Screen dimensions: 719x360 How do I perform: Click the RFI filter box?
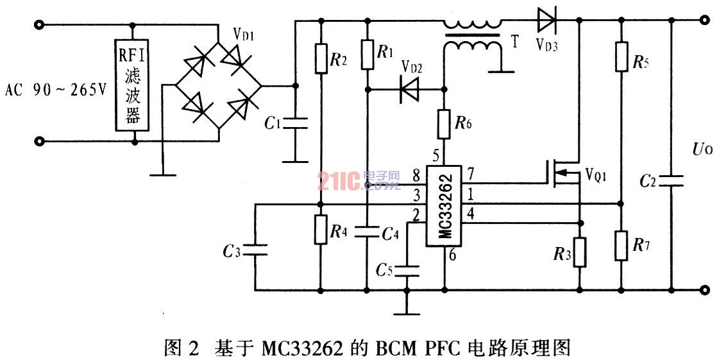tap(133, 85)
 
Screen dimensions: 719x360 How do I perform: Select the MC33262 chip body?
tap(444, 206)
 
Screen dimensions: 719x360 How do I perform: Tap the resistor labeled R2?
tap(321, 58)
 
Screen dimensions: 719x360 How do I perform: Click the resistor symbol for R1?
tap(368, 54)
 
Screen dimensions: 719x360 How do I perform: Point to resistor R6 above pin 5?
tap(444, 123)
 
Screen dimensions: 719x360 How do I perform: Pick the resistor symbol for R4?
tap(321, 229)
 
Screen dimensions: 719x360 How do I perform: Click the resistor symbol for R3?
tap(580, 252)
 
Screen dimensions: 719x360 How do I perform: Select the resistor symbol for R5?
tap(622, 56)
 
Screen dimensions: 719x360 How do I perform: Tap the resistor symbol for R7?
tap(622, 246)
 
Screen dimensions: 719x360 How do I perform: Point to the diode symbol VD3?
tap(546, 20)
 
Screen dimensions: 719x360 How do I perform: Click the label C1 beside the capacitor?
tap(273, 123)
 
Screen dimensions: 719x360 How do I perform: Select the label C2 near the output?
tap(648, 182)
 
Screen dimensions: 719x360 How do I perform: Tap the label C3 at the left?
tap(232, 251)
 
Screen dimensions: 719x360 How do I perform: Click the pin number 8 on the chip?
tap(416, 175)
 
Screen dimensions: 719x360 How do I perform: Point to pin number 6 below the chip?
tap(452, 255)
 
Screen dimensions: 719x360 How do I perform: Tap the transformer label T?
tap(515, 42)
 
